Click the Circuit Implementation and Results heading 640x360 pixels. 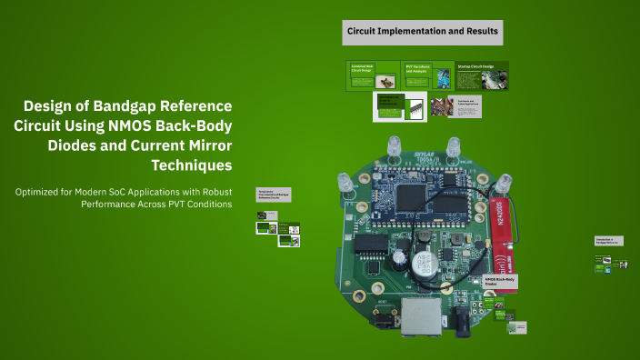click(x=422, y=32)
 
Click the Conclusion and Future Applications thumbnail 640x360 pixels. click(x=467, y=106)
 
